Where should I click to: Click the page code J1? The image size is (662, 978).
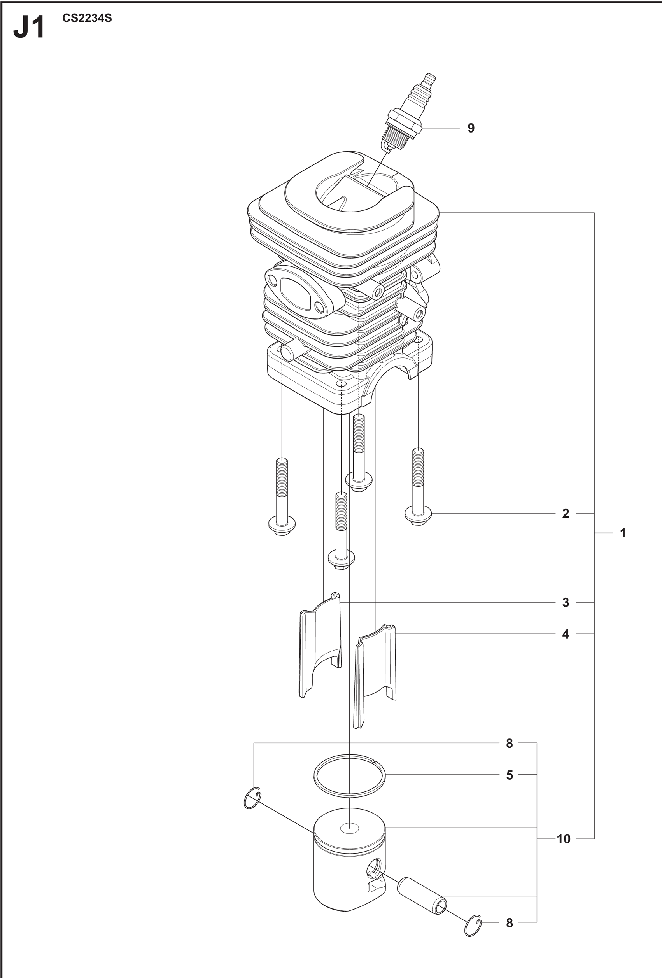click(29, 29)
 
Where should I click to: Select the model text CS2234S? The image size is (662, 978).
click(87, 19)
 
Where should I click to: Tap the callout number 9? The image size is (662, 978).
click(471, 128)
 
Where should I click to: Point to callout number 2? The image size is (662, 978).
click(566, 513)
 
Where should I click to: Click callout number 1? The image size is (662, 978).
click(623, 533)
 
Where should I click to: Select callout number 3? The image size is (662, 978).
click(566, 603)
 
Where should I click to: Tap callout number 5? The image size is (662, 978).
click(510, 775)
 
